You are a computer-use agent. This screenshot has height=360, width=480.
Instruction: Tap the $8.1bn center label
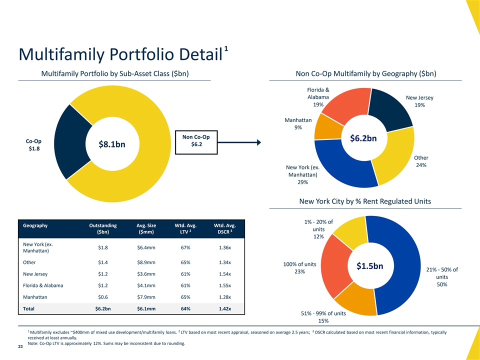click(112, 144)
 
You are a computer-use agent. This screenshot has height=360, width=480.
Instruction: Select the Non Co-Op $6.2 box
click(196, 142)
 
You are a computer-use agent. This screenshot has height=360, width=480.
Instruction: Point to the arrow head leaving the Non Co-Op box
click(259, 142)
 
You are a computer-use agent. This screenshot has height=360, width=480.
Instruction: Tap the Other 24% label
click(421, 161)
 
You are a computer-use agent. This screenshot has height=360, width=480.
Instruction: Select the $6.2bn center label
click(363, 138)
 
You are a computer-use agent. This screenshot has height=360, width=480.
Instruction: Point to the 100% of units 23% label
click(299, 268)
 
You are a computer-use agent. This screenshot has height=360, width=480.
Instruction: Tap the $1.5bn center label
click(370, 266)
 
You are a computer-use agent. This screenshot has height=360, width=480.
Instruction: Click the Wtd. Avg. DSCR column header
click(224, 228)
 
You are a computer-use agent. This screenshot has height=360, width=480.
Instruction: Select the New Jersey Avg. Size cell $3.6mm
click(146, 274)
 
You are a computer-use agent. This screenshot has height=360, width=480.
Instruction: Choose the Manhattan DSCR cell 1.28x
click(224, 297)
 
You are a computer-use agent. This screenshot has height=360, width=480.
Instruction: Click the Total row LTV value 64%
click(185, 308)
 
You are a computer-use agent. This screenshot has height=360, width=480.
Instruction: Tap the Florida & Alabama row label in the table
click(43, 285)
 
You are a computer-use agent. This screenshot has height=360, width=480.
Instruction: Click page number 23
click(20, 346)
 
